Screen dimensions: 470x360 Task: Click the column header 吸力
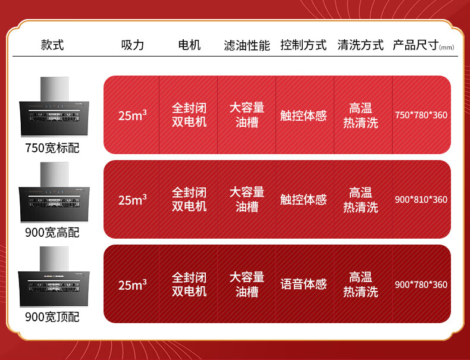[133, 45]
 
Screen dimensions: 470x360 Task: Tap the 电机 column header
[189, 45]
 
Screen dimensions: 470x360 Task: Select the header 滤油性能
[247, 46]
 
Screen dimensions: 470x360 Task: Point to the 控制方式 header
[303, 45]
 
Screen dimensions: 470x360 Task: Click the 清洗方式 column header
[361, 45]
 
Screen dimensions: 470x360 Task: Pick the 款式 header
[52, 45]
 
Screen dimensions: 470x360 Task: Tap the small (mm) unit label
[447, 48]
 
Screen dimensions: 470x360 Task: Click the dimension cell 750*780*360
[421, 115]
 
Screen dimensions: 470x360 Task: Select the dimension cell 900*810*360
[421, 199]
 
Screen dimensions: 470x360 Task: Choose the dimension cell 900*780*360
[421, 284]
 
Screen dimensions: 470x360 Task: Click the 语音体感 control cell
[303, 284]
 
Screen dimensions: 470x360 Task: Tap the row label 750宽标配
[52, 148]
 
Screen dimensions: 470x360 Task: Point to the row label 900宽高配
[52, 232]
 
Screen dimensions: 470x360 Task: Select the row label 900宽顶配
[52, 317]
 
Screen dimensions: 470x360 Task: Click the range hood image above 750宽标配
[54, 107]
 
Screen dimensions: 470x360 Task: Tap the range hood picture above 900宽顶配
[54, 277]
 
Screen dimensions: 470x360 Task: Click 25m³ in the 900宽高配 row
[133, 199]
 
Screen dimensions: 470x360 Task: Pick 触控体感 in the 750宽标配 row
[303, 115]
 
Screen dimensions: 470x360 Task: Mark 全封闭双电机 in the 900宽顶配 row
[189, 284]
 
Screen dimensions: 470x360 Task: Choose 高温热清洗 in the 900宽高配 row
[361, 200]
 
